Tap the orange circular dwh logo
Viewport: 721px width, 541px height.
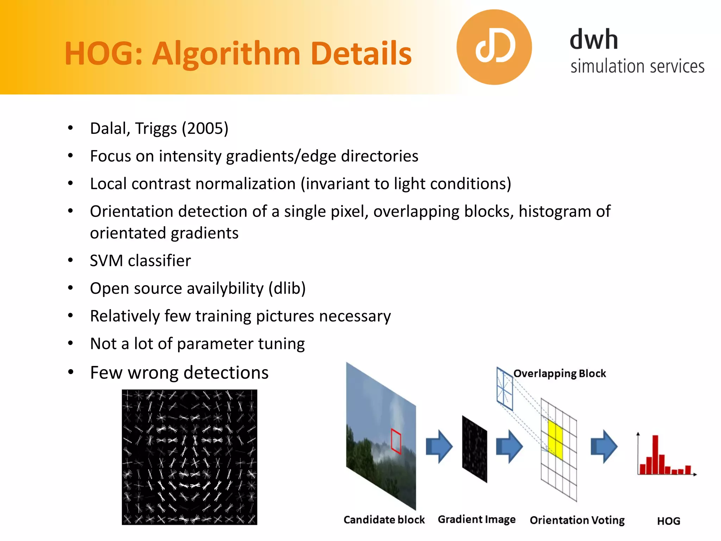click(x=494, y=47)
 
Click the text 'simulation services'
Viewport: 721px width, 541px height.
click(x=637, y=66)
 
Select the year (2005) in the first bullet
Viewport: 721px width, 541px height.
click(x=205, y=129)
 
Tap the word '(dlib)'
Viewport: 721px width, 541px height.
click(x=287, y=288)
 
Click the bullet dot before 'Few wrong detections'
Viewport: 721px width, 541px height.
click(x=71, y=372)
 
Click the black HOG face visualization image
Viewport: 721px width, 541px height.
click(x=189, y=457)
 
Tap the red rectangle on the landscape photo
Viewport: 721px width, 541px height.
click(x=396, y=441)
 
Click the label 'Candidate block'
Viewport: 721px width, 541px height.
click(x=384, y=520)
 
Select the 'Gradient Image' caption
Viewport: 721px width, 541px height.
click(x=476, y=520)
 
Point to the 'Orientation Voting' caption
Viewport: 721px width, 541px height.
click(x=577, y=520)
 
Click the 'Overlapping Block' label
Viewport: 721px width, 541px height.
click(x=559, y=373)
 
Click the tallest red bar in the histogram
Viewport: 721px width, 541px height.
click(x=655, y=454)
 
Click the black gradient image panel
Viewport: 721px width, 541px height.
click(x=475, y=449)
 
